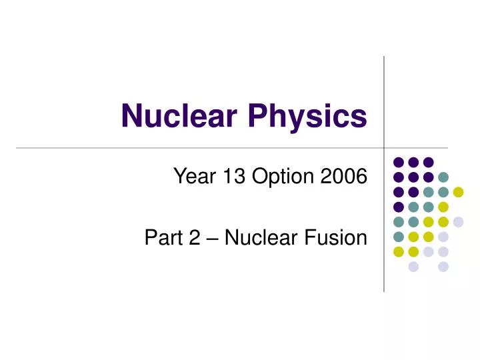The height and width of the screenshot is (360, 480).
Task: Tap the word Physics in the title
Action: [x=307, y=117]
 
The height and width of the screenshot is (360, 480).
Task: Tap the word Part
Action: [x=161, y=237]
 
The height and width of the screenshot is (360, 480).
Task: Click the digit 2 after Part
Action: [x=193, y=237]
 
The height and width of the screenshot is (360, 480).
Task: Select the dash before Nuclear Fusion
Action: [x=211, y=239]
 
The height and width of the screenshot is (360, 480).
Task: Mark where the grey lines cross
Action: [x=384, y=147]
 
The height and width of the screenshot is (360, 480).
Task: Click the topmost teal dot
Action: [x=443, y=177]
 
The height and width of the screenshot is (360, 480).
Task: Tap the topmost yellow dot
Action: [x=458, y=192]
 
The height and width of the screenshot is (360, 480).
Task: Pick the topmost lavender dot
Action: [x=458, y=222]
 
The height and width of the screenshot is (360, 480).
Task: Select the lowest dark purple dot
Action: [x=399, y=207]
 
